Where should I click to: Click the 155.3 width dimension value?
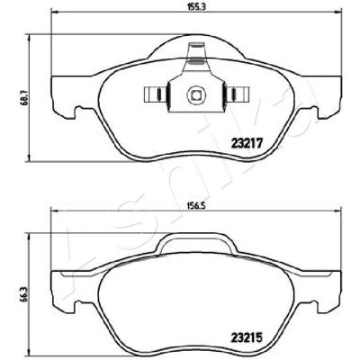(x=197, y=7)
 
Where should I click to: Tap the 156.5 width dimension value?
(x=197, y=205)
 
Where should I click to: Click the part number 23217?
(x=247, y=143)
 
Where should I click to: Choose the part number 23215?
(x=247, y=338)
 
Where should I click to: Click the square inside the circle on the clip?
(x=196, y=95)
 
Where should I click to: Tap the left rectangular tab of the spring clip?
(x=156, y=94)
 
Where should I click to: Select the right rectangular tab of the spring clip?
(x=238, y=94)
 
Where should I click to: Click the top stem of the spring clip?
(x=196, y=57)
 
